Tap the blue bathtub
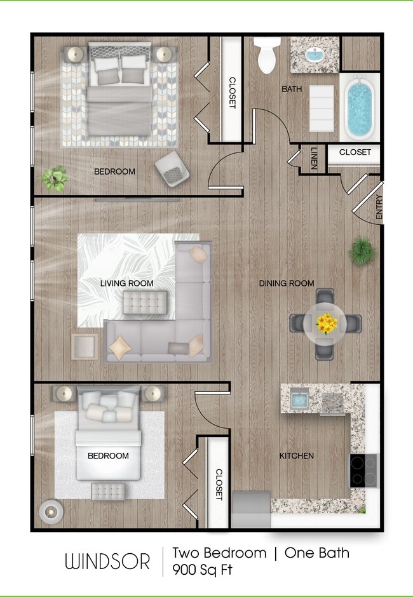pyautogui.click(x=360, y=107)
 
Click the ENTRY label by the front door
pyautogui.click(x=379, y=207)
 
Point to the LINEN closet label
pyautogui.click(x=314, y=159)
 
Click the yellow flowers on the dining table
pyautogui.click(x=327, y=324)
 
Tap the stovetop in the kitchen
pyautogui.click(x=363, y=470)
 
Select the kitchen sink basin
pyautogui.click(x=299, y=400)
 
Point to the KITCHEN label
pyautogui.click(x=297, y=455)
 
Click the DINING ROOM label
pyautogui.click(x=286, y=283)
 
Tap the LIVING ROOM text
pyautogui.click(x=127, y=283)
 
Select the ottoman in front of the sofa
pyautogui.click(x=145, y=302)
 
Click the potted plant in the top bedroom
pyautogui.click(x=55, y=178)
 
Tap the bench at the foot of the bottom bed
pyautogui.click(x=109, y=491)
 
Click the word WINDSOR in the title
pyautogui.click(x=107, y=561)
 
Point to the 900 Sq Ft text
pyautogui.click(x=202, y=570)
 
